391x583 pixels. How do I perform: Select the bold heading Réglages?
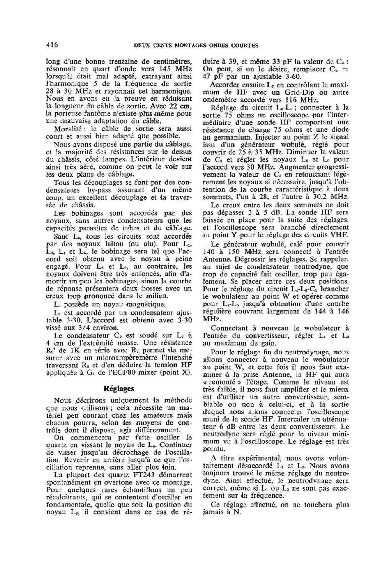click(119, 389)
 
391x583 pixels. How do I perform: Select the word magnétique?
click(135, 304)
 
